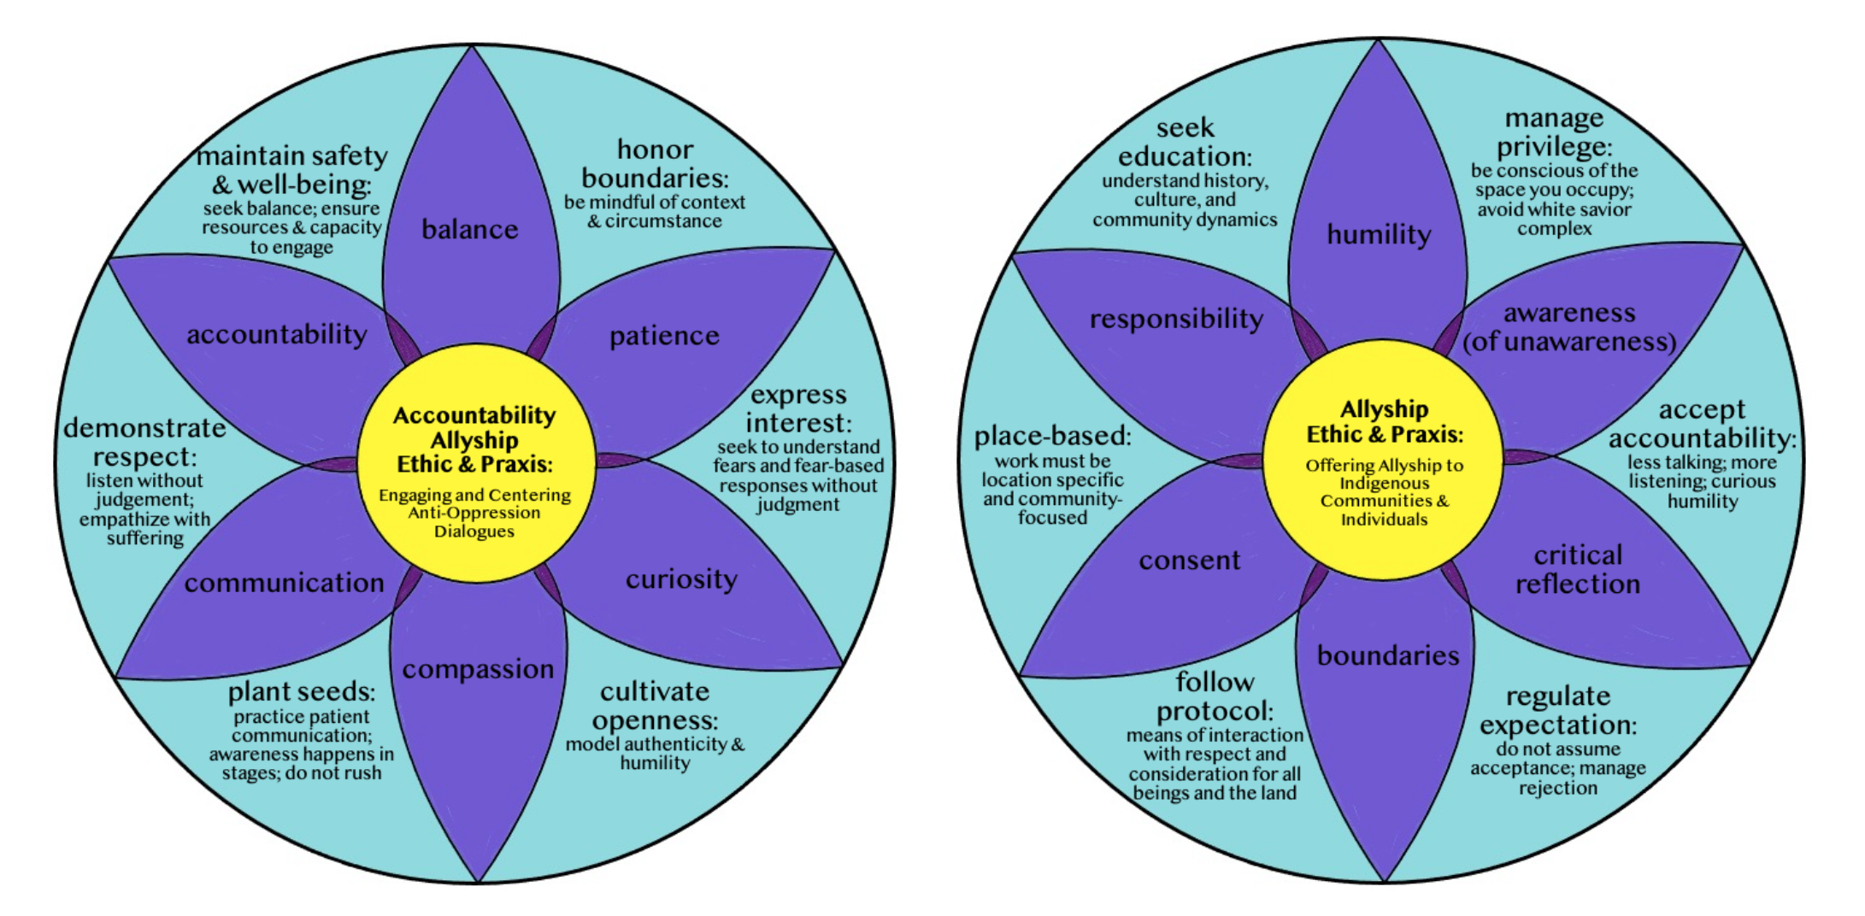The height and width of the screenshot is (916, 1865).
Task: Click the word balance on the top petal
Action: click(x=469, y=229)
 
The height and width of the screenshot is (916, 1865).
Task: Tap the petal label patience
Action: click(x=664, y=336)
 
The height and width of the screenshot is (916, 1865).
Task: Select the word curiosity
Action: click(x=681, y=579)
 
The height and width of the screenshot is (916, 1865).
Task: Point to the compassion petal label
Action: click(x=478, y=669)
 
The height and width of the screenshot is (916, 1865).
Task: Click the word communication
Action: click(x=284, y=583)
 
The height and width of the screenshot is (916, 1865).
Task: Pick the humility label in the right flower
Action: click(x=1379, y=234)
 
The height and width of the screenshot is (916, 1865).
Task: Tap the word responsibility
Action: click(x=1176, y=319)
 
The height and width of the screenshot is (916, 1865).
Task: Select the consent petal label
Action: click(x=1189, y=561)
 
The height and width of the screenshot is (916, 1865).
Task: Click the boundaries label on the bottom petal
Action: click(x=1388, y=655)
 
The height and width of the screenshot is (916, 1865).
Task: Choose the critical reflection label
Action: click(x=1578, y=570)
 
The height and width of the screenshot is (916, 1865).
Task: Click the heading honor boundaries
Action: click(x=655, y=164)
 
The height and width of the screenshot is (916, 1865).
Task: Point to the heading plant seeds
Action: click(x=301, y=691)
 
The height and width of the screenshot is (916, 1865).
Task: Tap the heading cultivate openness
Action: click(x=655, y=706)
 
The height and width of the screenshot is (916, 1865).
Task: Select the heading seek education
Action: click(x=1185, y=143)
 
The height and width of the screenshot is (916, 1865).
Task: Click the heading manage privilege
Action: click(x=1554, y=132)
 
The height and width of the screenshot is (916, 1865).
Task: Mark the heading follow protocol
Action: click(x=1215, y=696)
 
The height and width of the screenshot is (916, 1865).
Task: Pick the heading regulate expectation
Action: click(x=1558, y=710)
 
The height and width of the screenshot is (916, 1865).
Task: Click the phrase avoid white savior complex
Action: click(x=1554, y=219)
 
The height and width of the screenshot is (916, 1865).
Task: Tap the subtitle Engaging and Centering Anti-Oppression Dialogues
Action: click(x=474, y=513)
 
